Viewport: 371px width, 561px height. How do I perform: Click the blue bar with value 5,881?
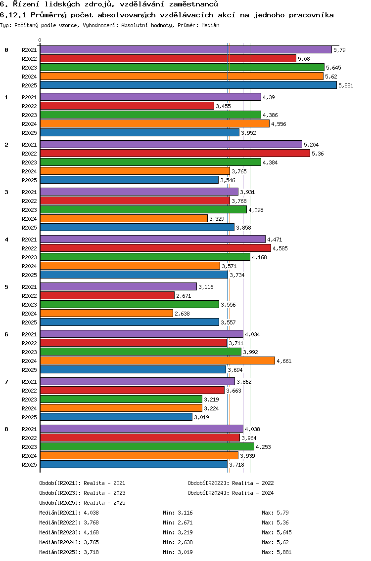(188, 85)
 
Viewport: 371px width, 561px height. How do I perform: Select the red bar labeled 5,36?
(175, 153)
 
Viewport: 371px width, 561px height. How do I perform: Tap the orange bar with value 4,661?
(157, 361)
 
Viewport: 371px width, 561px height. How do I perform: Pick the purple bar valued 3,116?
(118, 286)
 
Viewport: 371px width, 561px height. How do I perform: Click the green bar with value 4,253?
(147, 446)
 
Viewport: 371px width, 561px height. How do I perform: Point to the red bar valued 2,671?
(107, 295)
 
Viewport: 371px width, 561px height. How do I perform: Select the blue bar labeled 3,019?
(116, 417)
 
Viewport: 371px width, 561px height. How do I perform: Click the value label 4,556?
(278, 124)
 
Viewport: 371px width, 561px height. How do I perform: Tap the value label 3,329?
(217, 219)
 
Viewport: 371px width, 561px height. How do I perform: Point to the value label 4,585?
(280, 248)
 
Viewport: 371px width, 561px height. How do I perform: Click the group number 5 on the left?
(6, 287)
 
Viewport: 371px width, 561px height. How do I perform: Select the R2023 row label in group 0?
(30, 68)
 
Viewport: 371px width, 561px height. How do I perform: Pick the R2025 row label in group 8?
(30, 465)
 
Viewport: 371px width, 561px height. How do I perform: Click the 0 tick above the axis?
(40, 40)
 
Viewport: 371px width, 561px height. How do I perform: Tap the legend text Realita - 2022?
(252, 483)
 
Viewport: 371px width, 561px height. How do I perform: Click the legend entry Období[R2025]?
(60, 503)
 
